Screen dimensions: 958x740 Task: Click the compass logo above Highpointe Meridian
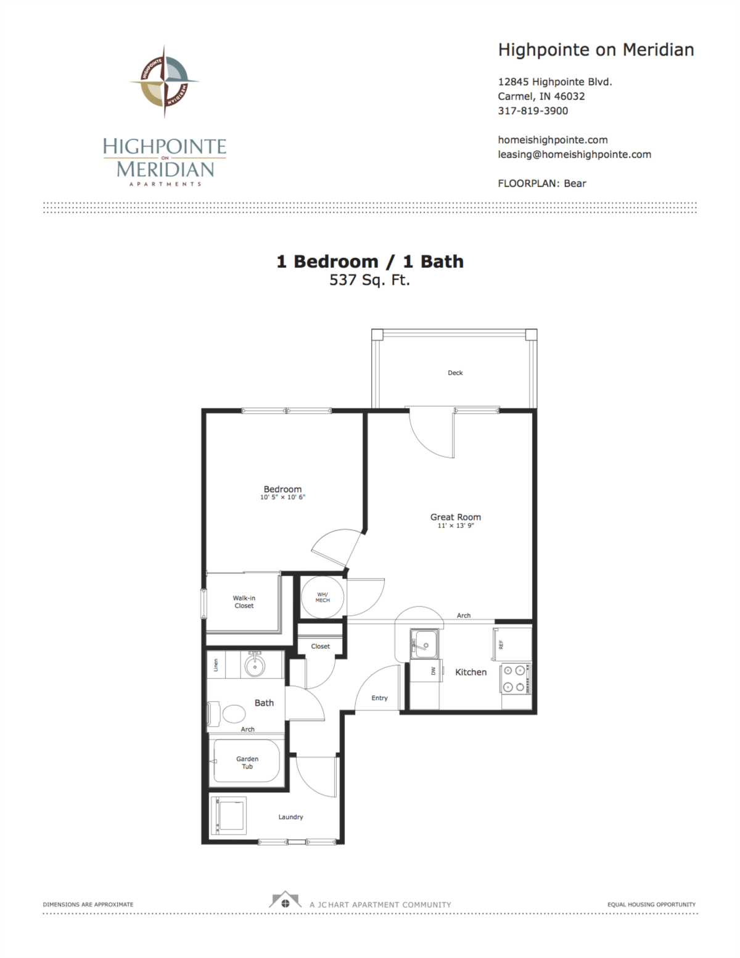tap(164, 82)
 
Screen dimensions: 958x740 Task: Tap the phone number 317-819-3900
tap(533, 111)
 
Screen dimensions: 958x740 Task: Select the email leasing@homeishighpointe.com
tap(574, 155)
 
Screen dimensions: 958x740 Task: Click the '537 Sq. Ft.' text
tap(370, 280)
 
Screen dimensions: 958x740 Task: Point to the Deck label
tap(455, 373)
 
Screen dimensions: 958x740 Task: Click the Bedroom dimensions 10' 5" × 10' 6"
tap(282, 497)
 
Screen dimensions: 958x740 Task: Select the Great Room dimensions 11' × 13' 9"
tap(456, 526)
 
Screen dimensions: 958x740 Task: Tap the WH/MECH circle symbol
tap(323, 597)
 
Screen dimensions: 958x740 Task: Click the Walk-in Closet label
tap(244, 601)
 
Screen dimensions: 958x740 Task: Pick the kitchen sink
tap(425, 643)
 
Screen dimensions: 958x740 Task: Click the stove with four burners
tap(516, 679)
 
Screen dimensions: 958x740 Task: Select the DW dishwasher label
tap(433, 671)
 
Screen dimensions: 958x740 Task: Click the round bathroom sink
tap(254, 666)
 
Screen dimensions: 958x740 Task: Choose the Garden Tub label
tap(247, 762)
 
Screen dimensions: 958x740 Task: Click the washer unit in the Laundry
tap(229, 815)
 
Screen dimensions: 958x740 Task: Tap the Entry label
tap(379, 698)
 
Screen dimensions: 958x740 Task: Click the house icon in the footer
tap(285, 901)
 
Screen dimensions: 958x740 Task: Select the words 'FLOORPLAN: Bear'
tap(541, 183)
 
